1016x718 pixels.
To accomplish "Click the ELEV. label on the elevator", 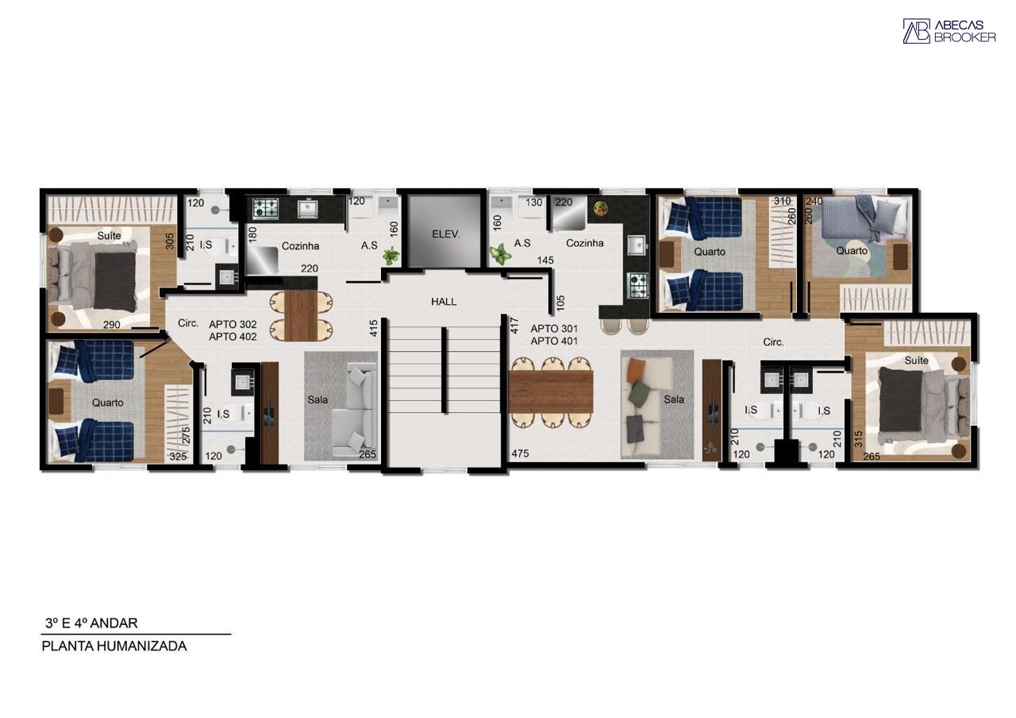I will (446, 234).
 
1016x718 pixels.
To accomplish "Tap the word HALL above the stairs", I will (444, 302).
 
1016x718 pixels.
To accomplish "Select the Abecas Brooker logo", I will (949, 31).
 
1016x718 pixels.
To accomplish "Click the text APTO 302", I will (233, 324).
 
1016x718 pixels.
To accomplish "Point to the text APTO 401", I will (554, 341).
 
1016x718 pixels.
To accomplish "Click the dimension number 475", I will (520, 454).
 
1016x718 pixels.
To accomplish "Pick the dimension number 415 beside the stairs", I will (373, 327).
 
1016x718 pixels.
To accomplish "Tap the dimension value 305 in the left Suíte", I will (170, 241).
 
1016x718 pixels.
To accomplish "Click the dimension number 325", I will (178, 457).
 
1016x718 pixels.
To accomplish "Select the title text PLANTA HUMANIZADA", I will (114, 646).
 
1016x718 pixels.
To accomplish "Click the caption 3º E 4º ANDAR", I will (91, 623).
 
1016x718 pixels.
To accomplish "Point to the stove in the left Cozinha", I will (265, 209).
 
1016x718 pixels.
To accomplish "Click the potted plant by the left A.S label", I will (391, 256).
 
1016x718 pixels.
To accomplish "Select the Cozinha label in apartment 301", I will (584, 243).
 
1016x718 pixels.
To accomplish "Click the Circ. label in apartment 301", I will (773, 342).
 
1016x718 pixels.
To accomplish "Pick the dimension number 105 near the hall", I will (560, 302).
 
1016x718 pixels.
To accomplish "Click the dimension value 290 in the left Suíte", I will (112, 324).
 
